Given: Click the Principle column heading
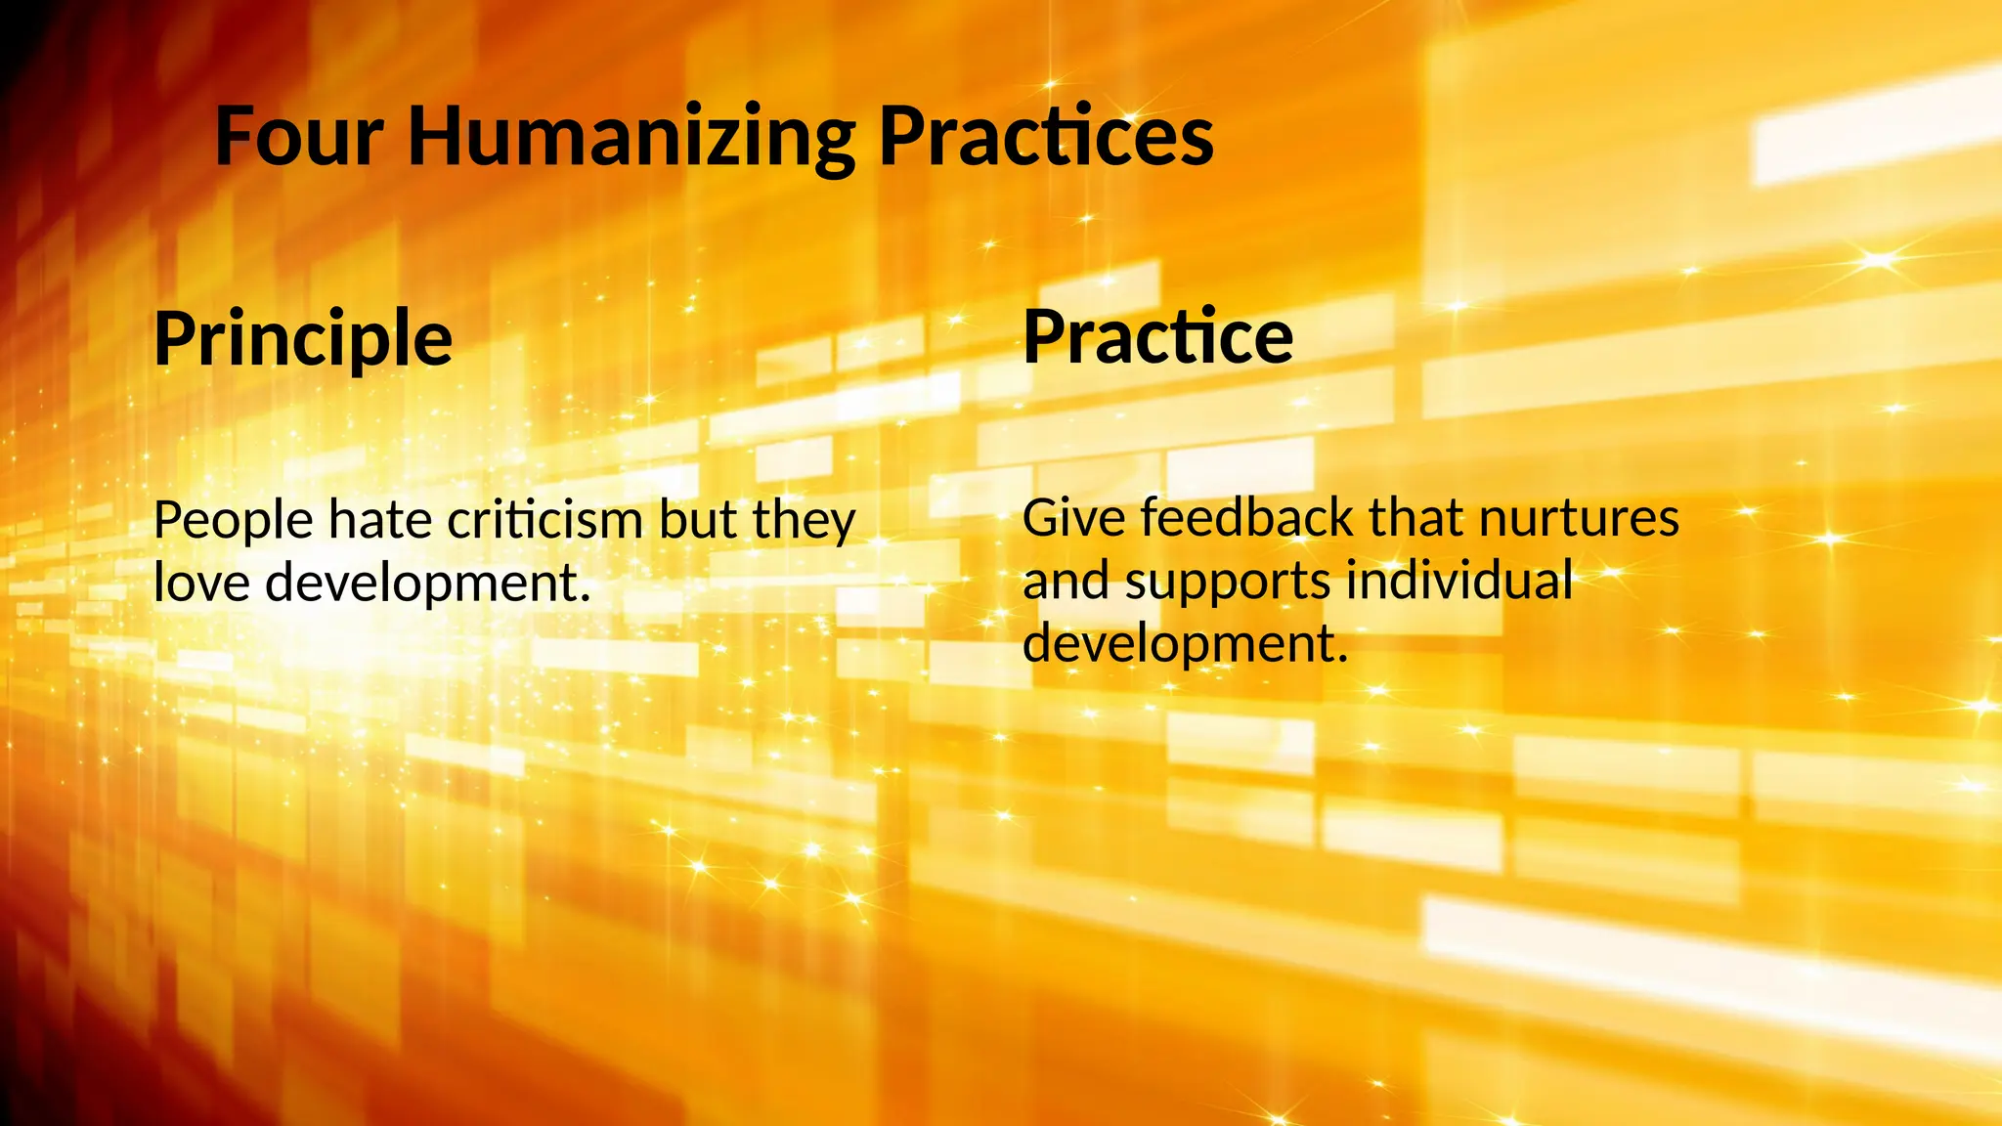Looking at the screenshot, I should click(x=303, y=338).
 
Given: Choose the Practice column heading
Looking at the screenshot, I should click(x=1158, y=336).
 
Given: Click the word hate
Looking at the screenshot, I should click(x=380, y=520).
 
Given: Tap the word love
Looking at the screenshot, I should click(x=202, y=583).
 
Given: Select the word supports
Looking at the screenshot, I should click(x=1228, y=581).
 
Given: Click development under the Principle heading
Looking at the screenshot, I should click(x=428, y=583).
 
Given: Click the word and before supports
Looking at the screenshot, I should click(x=1066, y=581).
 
